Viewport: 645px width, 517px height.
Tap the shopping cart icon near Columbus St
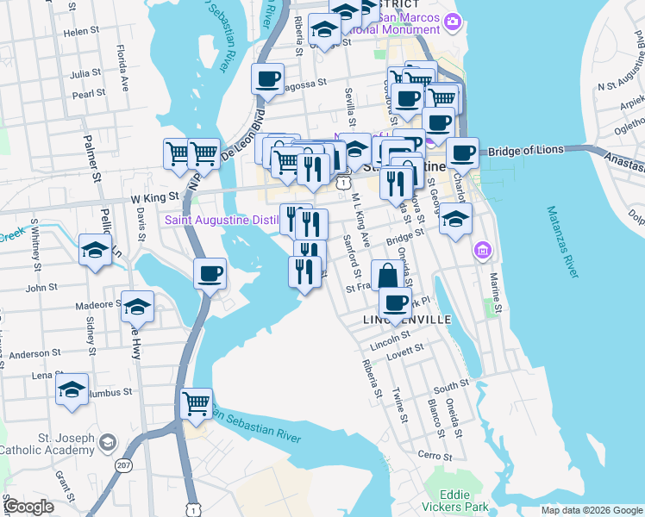(x=197, y=403)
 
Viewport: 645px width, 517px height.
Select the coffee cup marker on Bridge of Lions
(x=462, y=153)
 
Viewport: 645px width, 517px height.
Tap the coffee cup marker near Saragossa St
(x=267, y=80)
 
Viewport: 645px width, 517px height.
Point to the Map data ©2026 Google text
(x=592, y=510)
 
